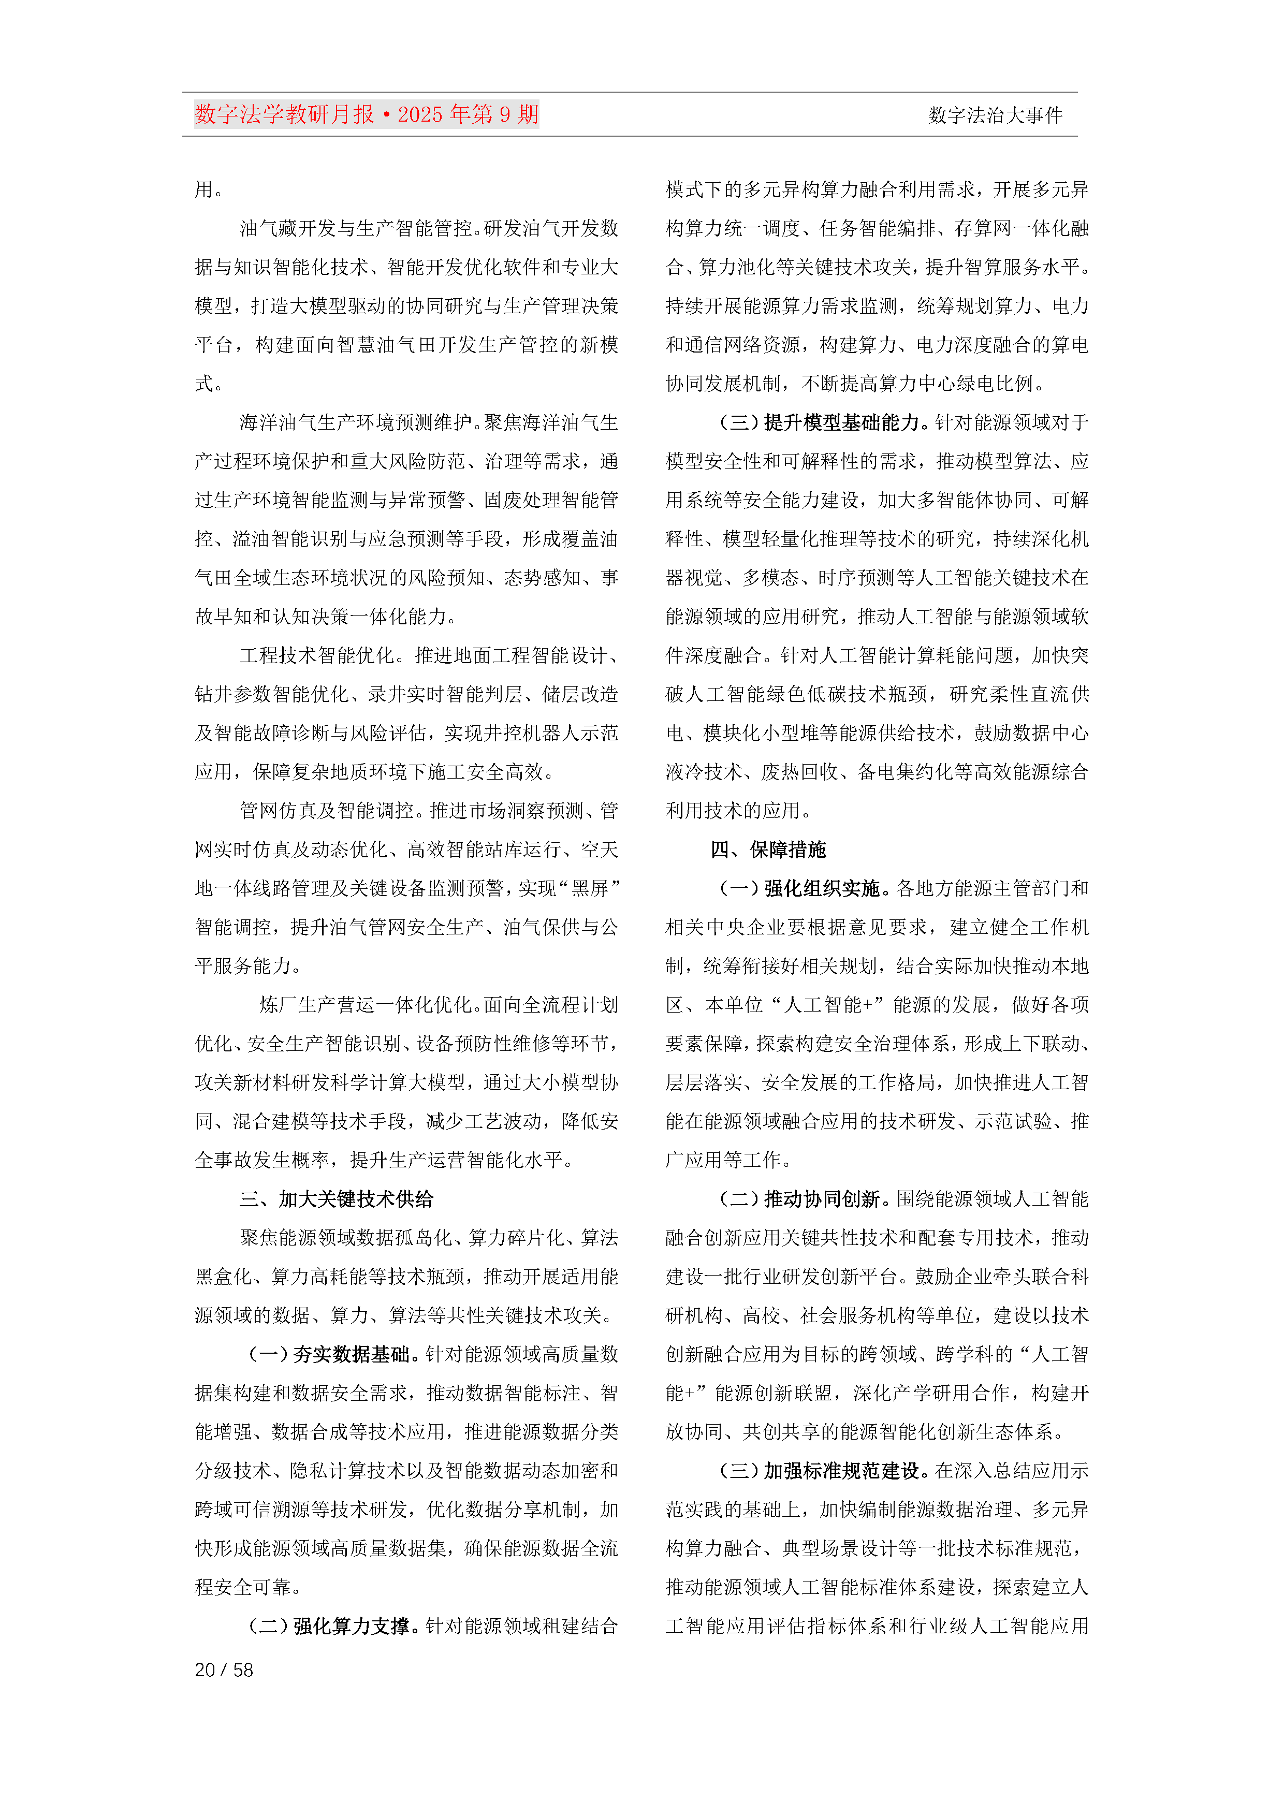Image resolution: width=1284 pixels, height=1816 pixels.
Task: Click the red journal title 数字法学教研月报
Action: point(285,115)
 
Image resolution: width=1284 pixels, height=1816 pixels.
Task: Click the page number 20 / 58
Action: point(224,1669)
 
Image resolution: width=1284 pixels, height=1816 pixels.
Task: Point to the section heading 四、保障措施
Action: point(768,850)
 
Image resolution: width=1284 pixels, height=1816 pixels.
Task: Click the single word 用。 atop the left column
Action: point(209,190)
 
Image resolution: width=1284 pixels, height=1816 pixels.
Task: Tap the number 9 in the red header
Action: point(505,115)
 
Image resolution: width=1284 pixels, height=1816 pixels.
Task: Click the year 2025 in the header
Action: point(420,115)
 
